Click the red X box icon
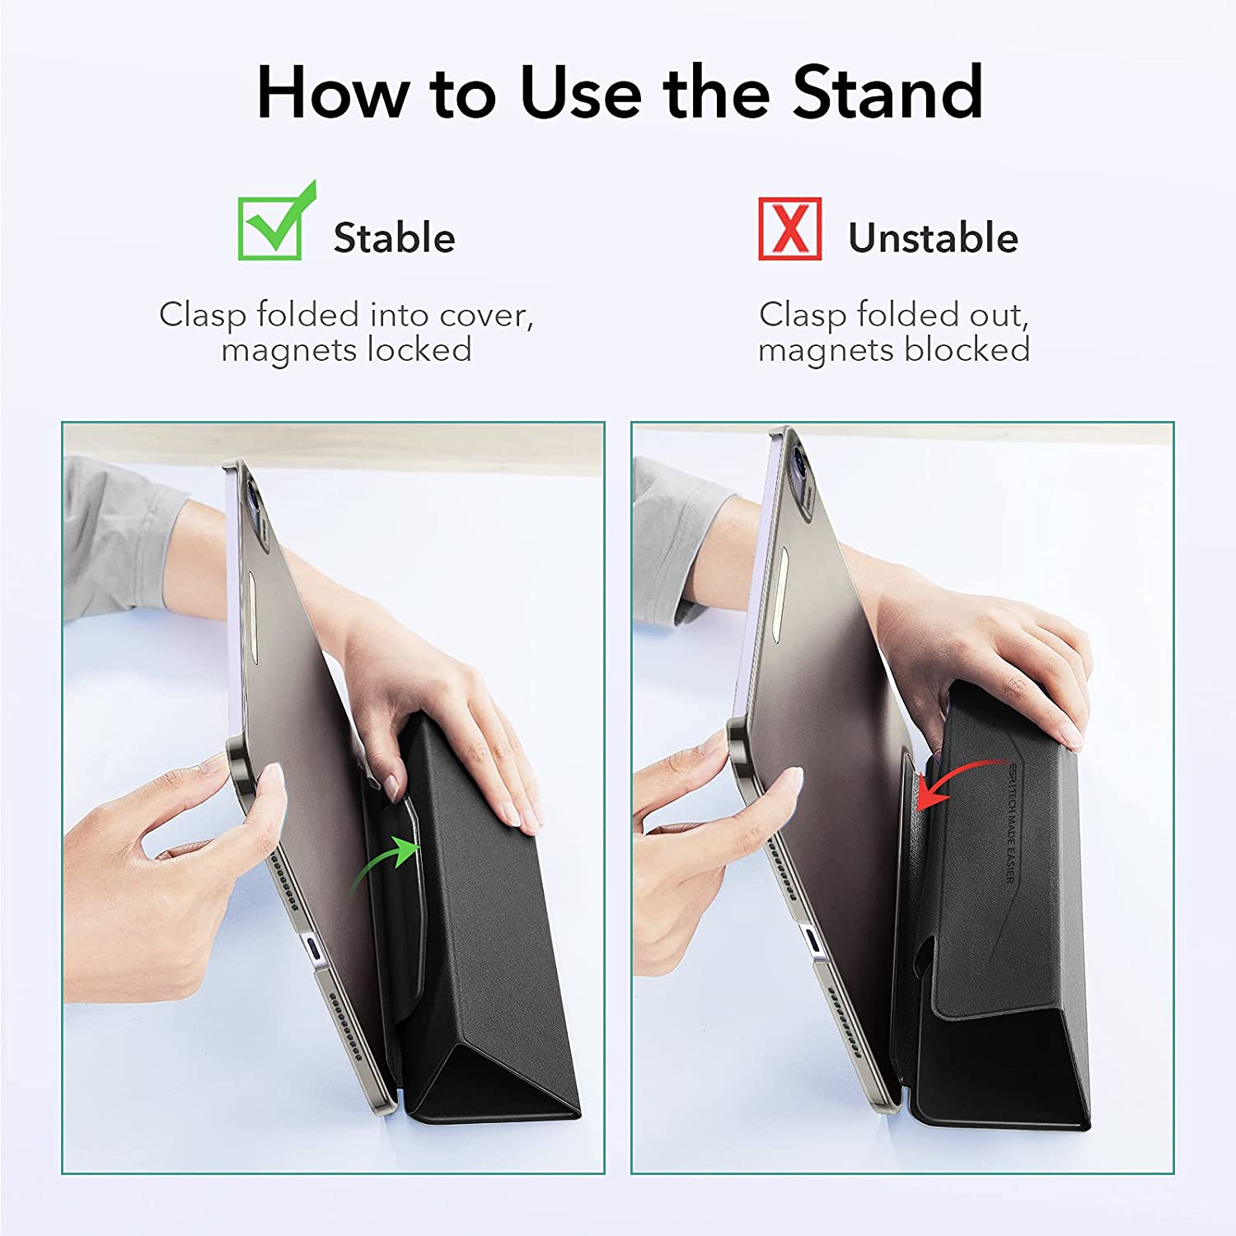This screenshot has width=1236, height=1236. pyautogui.click(x=790, y=228)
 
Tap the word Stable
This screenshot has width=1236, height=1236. pyautogui.click(x=394, y=238)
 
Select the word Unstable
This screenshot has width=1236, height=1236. pyautogui.click(x=933, y=238)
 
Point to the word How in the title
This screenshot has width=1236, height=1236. pyautogui.click(x=333, y=92)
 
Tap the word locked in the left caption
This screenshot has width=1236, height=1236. pyautogui.click(x=419, y=350)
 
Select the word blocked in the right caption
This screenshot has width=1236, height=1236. pyautogui.click(x=967, y=350)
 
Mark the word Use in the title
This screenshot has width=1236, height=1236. pyautogui.click(x=581, y=92)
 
